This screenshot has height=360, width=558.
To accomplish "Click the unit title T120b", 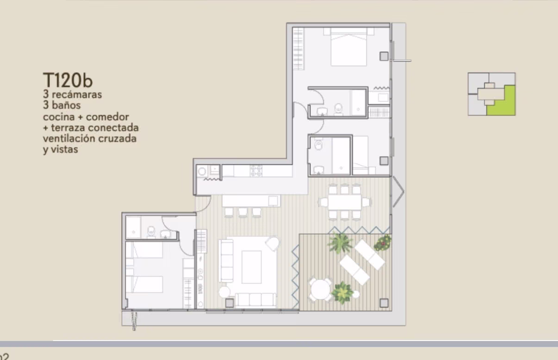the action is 68,80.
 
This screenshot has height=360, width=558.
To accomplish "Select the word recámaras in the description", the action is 77,95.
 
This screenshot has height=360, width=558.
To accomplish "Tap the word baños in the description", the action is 66,105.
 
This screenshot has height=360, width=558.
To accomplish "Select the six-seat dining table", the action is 345,202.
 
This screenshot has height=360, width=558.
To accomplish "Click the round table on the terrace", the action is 320,290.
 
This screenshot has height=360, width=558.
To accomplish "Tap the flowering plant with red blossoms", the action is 383,243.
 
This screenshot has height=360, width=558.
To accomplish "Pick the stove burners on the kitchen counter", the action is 256,171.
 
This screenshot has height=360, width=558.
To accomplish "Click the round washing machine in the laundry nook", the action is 202,171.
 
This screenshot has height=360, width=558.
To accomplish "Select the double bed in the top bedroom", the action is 349,47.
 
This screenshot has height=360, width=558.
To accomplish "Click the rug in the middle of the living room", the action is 252,267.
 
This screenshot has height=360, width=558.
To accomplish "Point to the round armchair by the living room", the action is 273,243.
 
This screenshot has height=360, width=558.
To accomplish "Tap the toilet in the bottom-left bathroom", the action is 151,232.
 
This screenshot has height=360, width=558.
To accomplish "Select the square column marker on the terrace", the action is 384,303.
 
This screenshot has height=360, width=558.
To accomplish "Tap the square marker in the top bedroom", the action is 384,56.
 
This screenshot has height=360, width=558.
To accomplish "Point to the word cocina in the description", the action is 59,117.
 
